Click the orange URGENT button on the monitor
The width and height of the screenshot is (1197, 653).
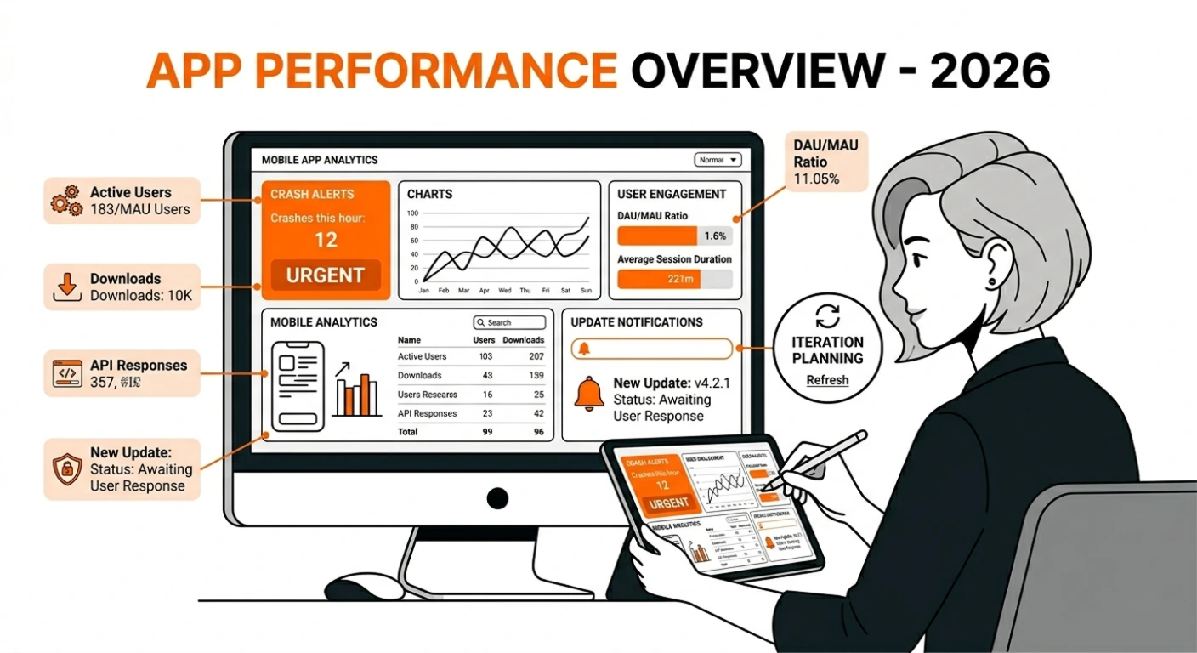pos(326,275)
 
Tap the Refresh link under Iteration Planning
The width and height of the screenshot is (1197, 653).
pos(827,380)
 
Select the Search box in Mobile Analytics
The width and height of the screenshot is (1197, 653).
pos(509,323)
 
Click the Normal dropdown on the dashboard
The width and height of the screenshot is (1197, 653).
pos(718,160)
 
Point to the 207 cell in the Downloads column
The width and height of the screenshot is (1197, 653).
pos(536,356)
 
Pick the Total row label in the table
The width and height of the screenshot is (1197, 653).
pos(408,432)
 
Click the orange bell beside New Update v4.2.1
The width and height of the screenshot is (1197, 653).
pos(589,394)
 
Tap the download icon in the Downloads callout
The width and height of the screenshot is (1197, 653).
pos(66,287)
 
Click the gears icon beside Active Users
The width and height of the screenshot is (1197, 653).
pos(65,200)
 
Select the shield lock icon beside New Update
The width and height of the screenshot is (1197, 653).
pos(66,468)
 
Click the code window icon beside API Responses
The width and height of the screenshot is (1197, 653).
pos(66,374)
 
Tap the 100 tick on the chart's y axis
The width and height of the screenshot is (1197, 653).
pos(413,213)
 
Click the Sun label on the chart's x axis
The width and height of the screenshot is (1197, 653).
pos(585,291)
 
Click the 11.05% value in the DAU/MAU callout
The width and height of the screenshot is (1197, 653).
pos(816,179)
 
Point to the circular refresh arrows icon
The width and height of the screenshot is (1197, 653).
pos(827,317)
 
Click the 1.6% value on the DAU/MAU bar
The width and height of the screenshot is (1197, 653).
pos(715,236)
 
